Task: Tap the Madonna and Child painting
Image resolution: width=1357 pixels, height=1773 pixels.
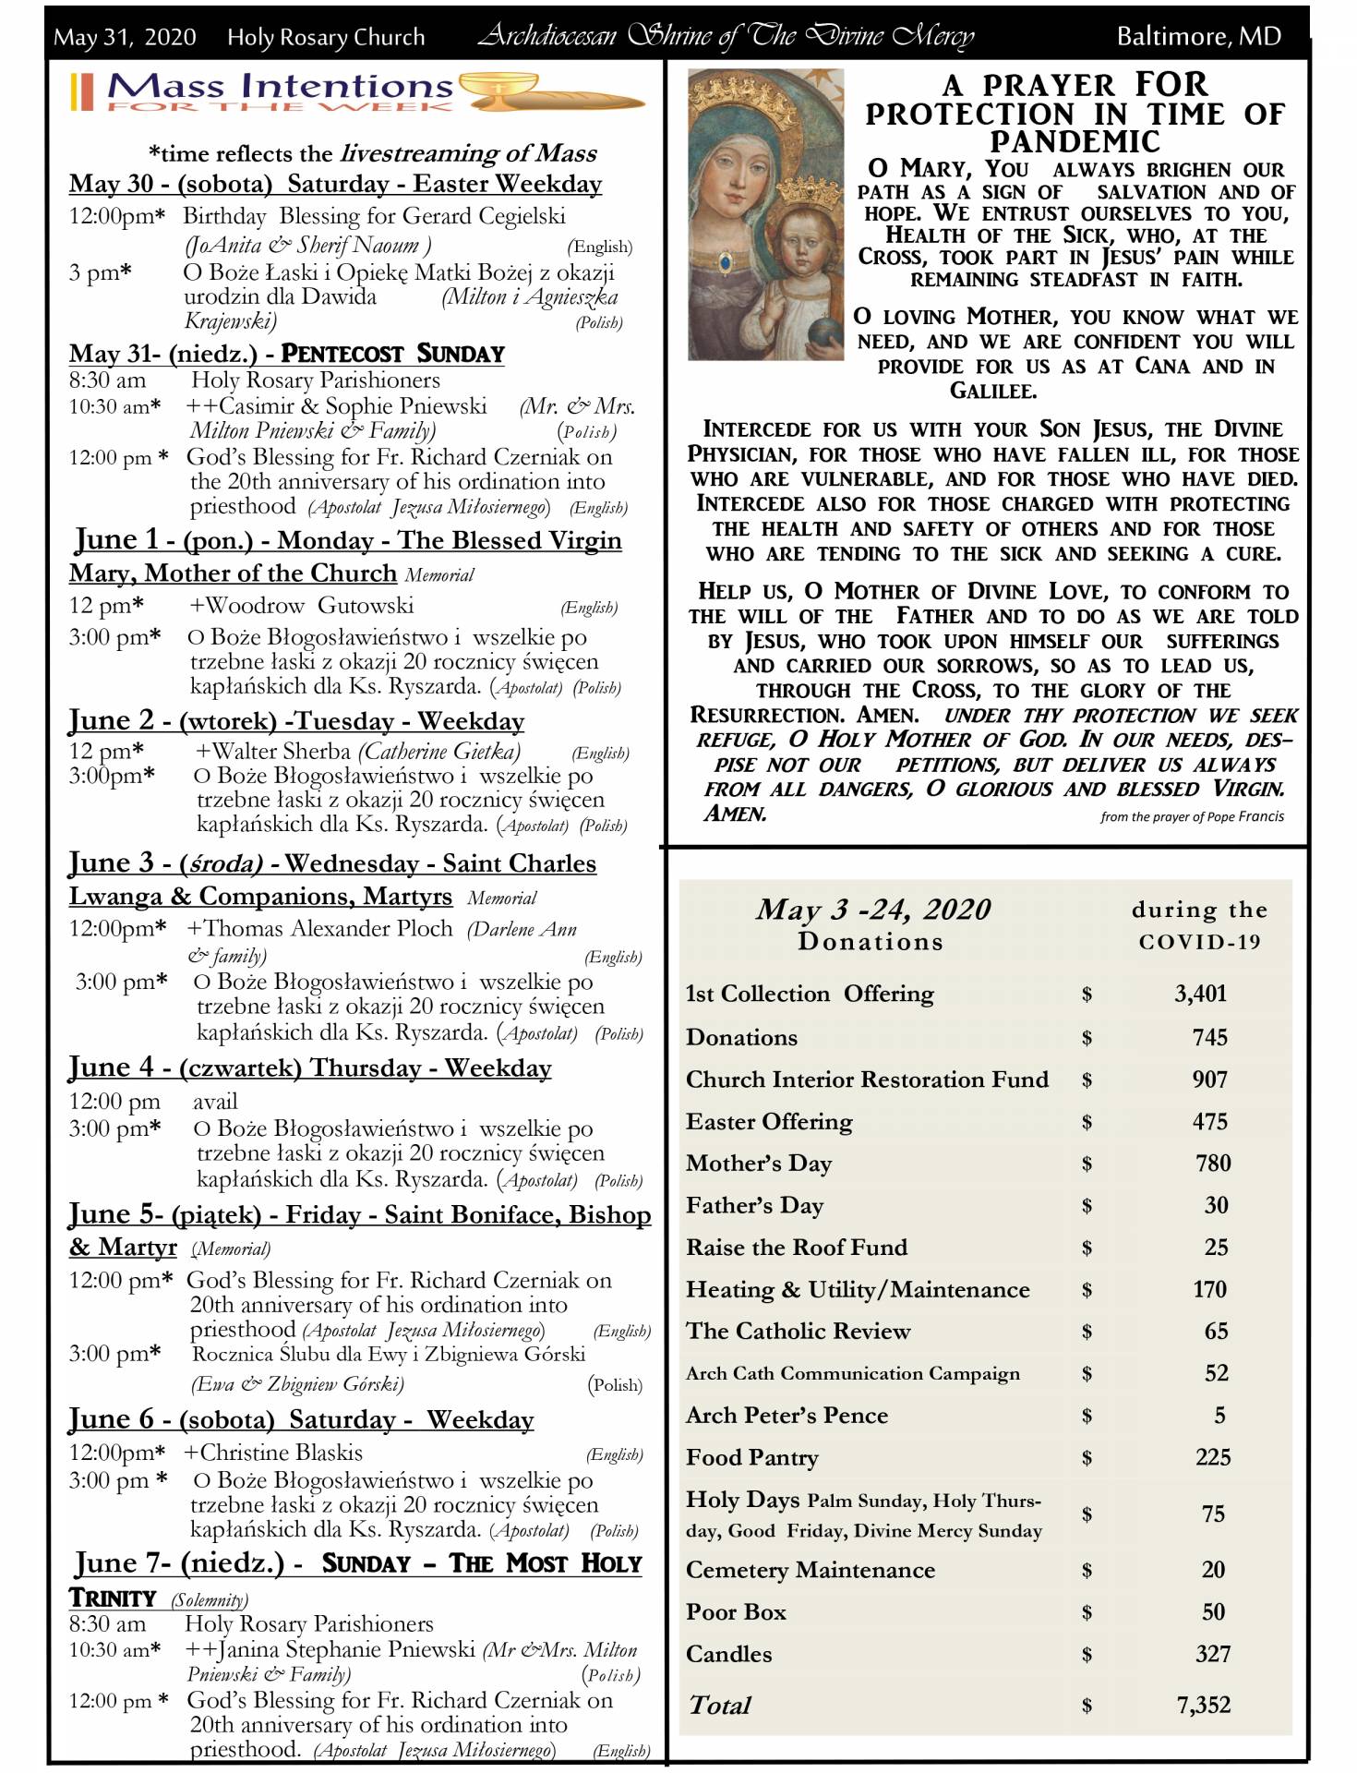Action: [765, 214]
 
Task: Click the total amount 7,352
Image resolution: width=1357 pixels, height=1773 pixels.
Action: [1203, 1705]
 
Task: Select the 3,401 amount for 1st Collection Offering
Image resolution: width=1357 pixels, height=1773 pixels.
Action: [1200, 994]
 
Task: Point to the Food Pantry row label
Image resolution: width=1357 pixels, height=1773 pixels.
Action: [751, 1457]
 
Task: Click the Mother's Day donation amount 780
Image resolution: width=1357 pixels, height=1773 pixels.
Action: [1213, 1163]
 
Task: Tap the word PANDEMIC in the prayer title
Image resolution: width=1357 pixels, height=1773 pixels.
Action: [1075, 141]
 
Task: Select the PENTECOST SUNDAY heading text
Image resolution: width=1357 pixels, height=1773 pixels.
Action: [392, 354]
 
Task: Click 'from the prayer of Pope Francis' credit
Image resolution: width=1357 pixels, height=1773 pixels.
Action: [1191, 816]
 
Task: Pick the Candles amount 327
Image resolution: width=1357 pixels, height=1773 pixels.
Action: [1212, 1654]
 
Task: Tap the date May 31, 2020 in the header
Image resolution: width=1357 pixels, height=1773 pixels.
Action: [125, 37]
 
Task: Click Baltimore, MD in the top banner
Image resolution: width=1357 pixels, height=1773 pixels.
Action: [1198, 36]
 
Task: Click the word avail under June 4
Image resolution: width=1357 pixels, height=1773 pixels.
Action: [215, 1101]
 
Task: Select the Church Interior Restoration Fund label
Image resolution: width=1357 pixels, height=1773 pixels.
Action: [867, 1079]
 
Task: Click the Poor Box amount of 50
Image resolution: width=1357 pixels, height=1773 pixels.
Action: [1213, 1611]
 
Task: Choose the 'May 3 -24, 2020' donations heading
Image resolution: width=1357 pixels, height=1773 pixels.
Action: [872, 910]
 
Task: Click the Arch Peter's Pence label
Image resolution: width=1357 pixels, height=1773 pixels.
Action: [787, 1415]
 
